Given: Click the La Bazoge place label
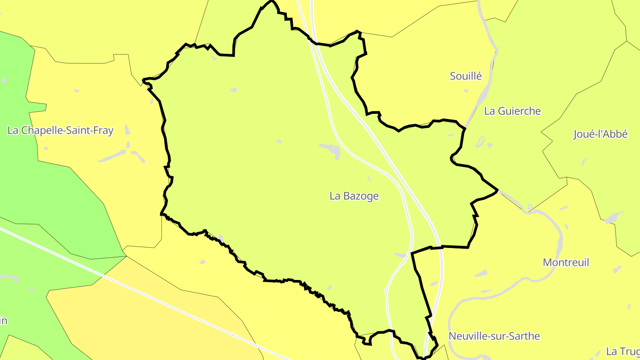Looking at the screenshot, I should [x=354, y=196].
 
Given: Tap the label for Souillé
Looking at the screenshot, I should [x=466, y=76].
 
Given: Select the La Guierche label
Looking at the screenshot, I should [x=512, y=111].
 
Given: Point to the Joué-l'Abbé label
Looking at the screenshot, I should [x=600, y=134].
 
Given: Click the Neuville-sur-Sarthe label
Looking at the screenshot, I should [x=494, y=336].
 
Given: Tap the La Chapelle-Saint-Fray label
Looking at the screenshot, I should [x=60, y=131].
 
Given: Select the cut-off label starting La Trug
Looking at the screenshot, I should [x=622, y=352].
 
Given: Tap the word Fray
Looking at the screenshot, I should [x=104, y=131].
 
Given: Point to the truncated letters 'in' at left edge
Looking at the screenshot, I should [x=4, y=320].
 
